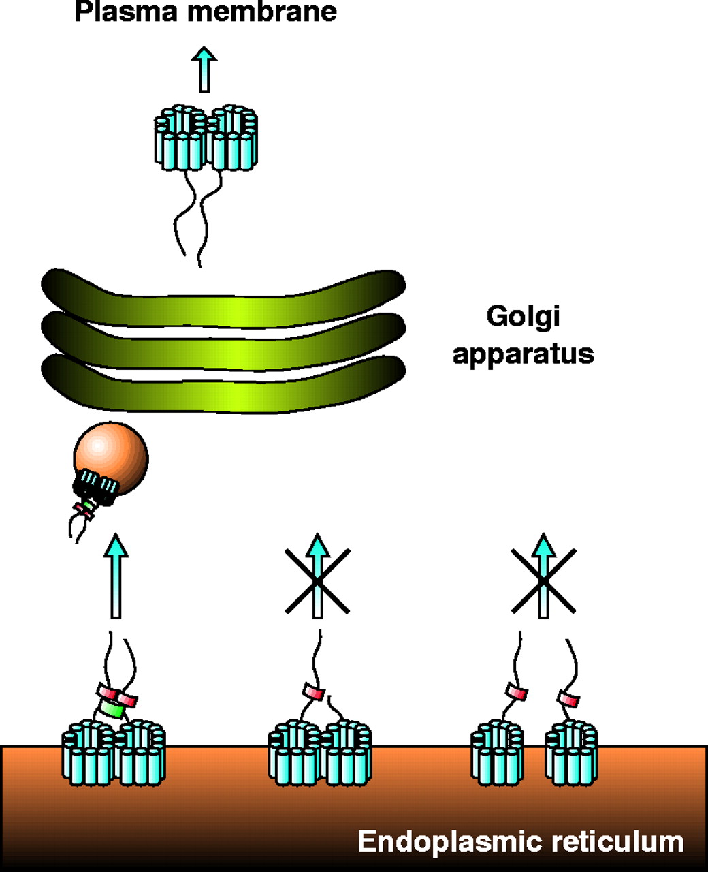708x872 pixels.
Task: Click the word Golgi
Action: point(523,317)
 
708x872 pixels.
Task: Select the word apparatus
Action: point(523,355)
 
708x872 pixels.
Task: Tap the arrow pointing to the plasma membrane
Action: point(204,69)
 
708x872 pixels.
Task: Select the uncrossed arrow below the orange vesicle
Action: point(116,576)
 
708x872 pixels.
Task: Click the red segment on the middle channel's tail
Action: point(313,693)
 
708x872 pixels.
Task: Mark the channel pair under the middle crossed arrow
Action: point(319,753)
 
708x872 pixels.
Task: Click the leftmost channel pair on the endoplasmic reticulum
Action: point(114,753)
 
